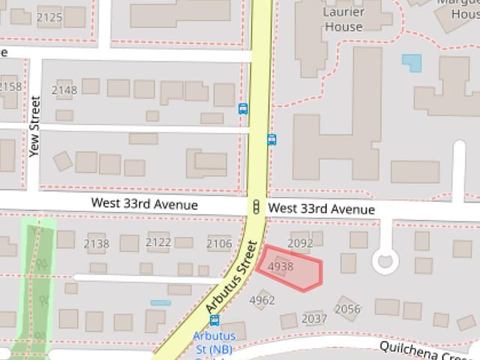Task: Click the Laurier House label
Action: [343, 19]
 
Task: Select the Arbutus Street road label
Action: [232, 277]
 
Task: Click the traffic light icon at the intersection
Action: [256, 207]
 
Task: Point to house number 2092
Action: [300, 243]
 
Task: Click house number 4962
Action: [262, 301]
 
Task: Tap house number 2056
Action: [347, 309]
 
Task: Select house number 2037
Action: [314, 319]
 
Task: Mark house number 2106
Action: [219, 243]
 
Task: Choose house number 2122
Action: [158, 242]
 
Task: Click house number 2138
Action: [96, 243]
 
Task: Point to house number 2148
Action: [64, 90]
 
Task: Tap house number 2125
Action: [49, 16]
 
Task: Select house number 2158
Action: [10, 86]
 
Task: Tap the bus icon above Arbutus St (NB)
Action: [214, 321]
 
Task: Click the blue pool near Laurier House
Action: [412, 62]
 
